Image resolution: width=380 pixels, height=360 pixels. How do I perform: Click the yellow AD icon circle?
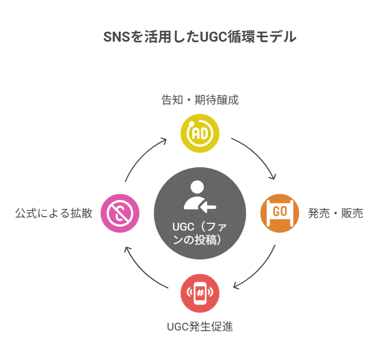(200, 133)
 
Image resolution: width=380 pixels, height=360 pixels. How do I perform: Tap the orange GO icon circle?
(280, 213)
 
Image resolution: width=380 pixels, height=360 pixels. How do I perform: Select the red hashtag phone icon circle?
(200, 293)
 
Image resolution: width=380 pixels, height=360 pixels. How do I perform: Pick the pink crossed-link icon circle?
(120, 213)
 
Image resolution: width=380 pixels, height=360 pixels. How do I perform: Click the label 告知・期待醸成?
(200, 101)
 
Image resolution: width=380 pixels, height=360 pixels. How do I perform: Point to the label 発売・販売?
(336, 213)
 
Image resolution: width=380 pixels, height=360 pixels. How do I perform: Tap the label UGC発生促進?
(200, 327)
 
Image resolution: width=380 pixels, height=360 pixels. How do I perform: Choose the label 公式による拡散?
(54, 213)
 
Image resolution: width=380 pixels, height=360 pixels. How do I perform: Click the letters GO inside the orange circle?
(280, 212)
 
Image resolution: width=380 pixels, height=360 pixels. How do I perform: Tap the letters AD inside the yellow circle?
(200, 133)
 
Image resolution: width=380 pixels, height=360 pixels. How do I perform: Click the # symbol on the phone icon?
(200, 293)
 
